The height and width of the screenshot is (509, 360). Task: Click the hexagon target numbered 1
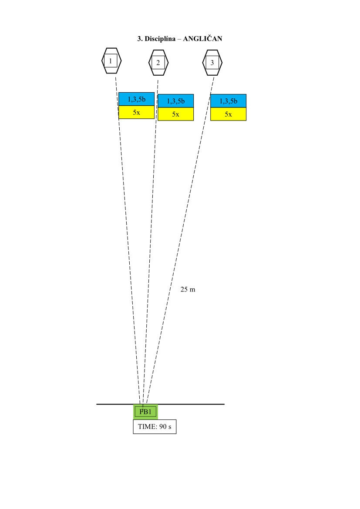tap(111, 60)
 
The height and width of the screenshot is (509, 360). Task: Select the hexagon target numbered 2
tap(158, 63)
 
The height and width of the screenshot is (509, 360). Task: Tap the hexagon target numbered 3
tap(212, 63)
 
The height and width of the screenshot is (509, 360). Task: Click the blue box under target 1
tap(136, 99)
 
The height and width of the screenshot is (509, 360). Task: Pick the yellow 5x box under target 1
tap(136, 112)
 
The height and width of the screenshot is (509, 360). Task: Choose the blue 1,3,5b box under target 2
tap(175, 101)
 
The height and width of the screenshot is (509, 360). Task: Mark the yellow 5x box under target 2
tap(175, 114)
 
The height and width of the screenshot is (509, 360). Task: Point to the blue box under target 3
tap(228, 101)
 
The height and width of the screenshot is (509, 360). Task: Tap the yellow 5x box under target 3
tap(228, 114)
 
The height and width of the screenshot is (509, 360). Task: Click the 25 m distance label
tap(188, 289)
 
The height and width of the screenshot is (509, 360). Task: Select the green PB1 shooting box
tap(145, 412)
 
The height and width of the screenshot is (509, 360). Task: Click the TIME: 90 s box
tap(155, 427)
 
